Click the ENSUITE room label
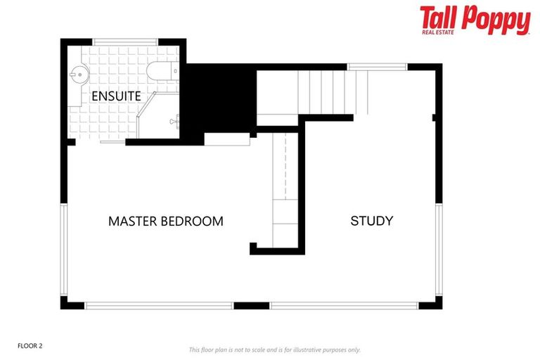pos(116,96)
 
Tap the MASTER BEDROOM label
pos(165,221)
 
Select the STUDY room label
pos(371,221)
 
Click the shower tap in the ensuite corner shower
pos(173,122)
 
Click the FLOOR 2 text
pos(30,346)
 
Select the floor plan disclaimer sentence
pos(274,349)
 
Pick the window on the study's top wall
pos(377,67)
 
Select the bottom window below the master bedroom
pos(159,306)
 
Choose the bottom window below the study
pos(345,306)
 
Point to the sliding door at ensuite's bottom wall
pos(113,142)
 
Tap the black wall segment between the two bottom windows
pos(251,306)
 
